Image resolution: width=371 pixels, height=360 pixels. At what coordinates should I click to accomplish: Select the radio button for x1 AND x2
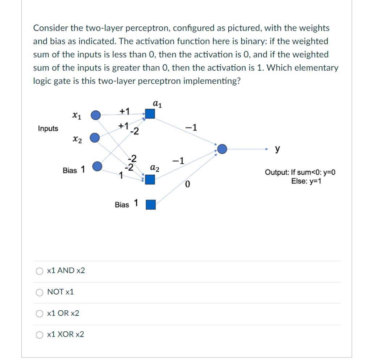tap(39, 271)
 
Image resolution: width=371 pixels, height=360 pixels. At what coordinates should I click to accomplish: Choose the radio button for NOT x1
tap(39, 292)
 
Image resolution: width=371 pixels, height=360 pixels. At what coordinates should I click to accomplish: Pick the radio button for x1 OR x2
tap(39, 314)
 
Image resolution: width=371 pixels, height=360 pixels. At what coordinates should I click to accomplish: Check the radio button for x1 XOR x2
tap(39, 335)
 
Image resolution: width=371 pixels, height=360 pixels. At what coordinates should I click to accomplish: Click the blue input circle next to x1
tap(95, 115)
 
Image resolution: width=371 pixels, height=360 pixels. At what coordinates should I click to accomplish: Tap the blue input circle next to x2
tap(95, 138)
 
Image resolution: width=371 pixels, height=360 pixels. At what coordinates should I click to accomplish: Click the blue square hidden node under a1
tap(150, 114)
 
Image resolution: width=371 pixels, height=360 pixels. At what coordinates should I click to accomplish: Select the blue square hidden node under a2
tap(150, 179)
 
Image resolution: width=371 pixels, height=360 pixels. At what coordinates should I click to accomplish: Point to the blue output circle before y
tap(222, 148)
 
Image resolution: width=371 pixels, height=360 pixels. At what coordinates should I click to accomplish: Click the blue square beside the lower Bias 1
tap(150, 205)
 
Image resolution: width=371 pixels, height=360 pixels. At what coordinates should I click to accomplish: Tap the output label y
tap(278, 148)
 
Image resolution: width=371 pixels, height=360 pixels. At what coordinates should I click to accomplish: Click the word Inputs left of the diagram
tap(48, 129)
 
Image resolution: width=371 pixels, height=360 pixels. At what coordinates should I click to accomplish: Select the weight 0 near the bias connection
tap(187, 186)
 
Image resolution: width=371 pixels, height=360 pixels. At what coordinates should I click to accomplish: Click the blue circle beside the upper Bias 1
tap(97, 167)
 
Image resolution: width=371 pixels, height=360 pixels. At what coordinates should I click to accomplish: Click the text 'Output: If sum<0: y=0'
tap(300, 172)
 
